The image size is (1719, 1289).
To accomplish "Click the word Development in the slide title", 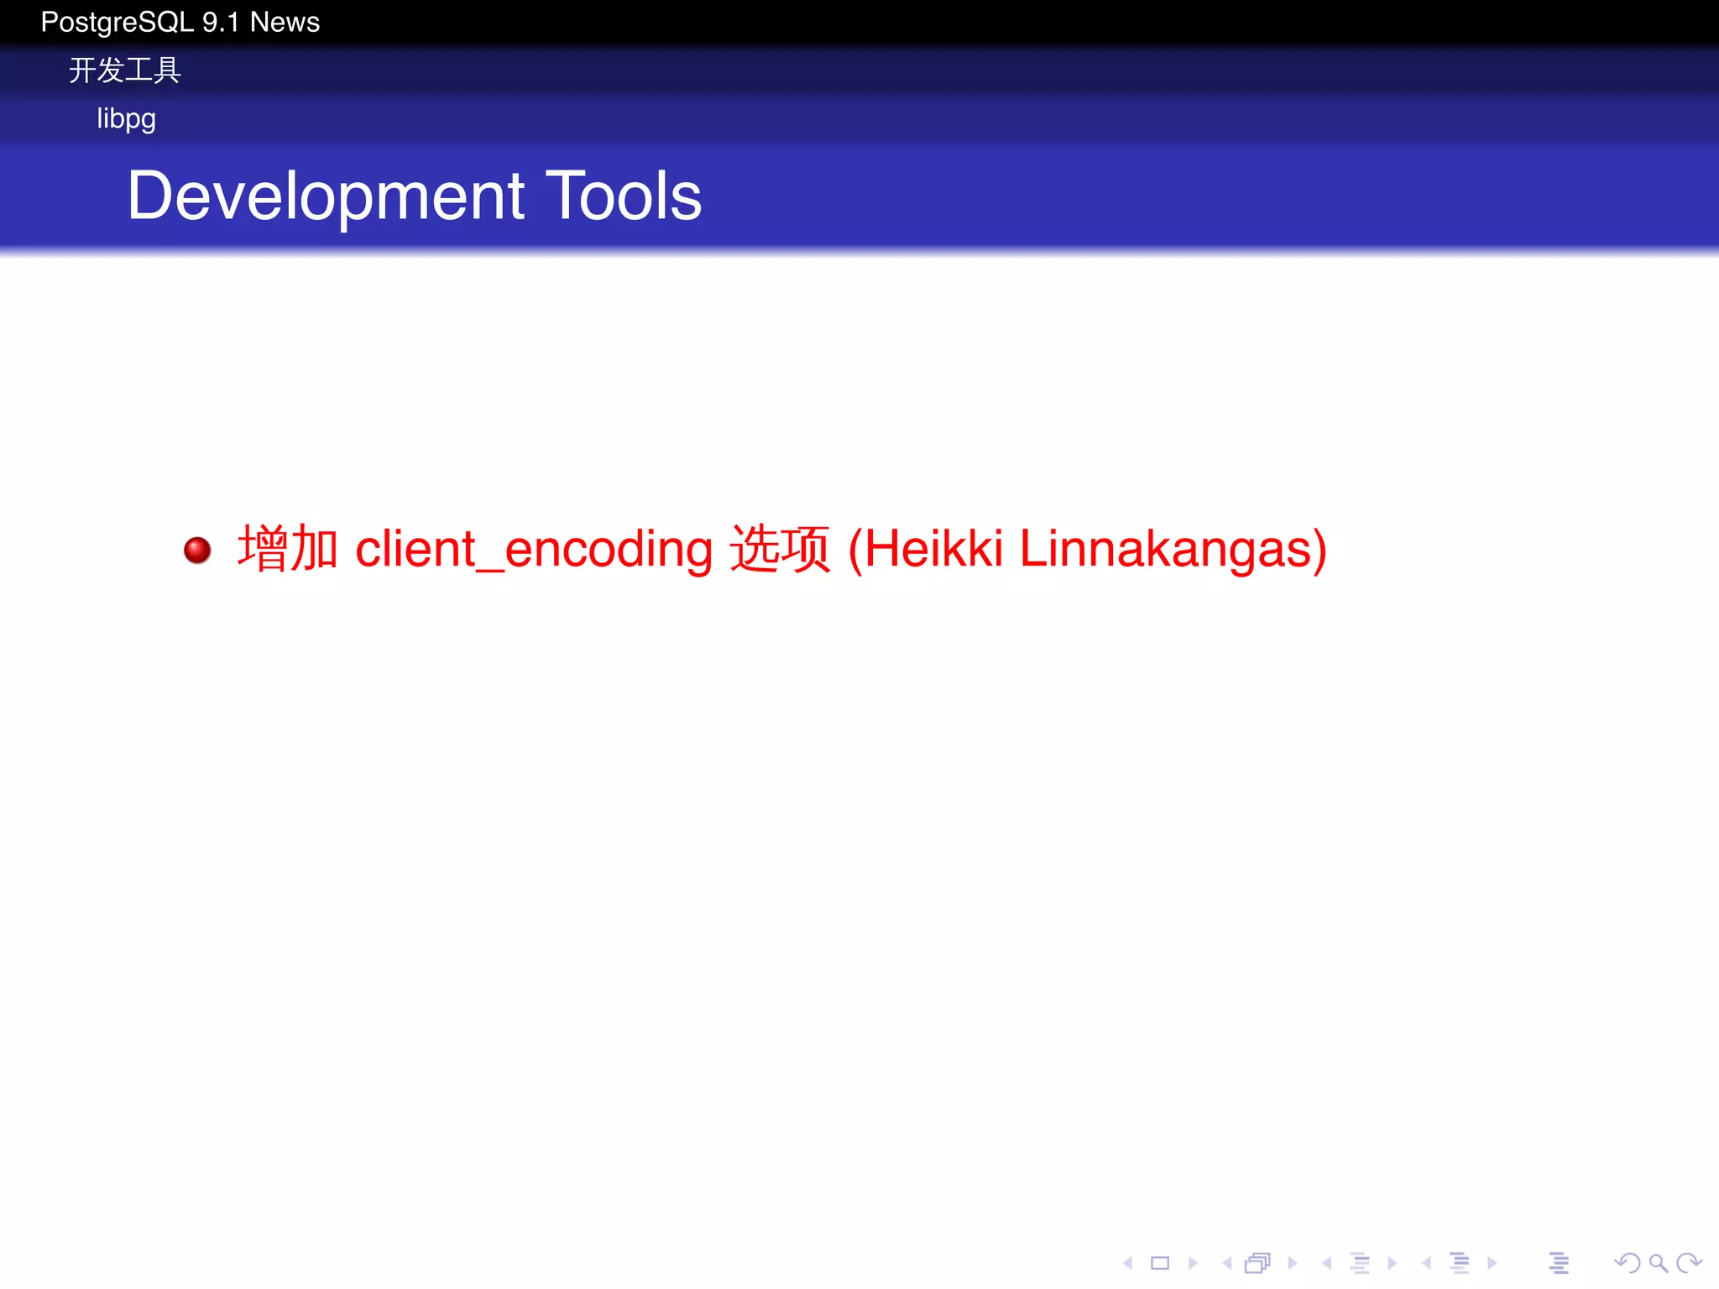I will click(326, 196).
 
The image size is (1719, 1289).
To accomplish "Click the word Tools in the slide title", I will click(624, 196).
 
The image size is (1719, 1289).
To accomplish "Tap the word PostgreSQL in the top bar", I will click(118, 23).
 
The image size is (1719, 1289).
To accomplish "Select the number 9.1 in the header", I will click(221, 23).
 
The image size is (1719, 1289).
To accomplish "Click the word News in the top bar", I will click(285, 23).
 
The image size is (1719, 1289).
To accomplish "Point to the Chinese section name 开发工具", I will click(125, 70).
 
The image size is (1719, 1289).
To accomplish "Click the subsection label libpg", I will click(126, 118).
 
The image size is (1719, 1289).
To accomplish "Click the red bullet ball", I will click(198, 551).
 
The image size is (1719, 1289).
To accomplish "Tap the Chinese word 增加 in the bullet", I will click(288, 549).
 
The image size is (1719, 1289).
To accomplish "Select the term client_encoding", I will click(534, 549).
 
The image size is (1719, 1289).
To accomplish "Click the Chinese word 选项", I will click(780, 549).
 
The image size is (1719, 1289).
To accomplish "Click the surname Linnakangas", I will click(1173, 549).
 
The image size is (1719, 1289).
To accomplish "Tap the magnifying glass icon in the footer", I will click(1658, 1263).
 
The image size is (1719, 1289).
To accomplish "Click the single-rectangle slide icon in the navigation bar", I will click(1160, 1263).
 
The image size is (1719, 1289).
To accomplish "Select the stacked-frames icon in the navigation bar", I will click(1257, 1263).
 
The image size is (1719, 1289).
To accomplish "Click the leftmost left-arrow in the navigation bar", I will click(1128, 1263).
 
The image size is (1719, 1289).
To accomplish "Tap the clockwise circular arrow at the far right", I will click(1688, 1263).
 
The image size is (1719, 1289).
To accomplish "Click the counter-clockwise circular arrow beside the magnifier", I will click(1627, 1263).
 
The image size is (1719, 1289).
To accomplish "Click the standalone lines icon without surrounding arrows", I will click(1559, 1263).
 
